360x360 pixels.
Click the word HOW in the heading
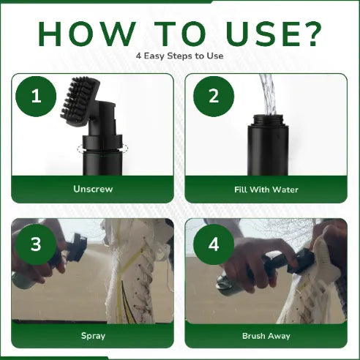point(87,34)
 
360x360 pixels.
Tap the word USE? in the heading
point(274,34)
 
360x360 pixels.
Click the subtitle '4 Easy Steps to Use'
point(180,56)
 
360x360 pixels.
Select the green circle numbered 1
point(36,97)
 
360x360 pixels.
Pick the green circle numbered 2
point(214,97)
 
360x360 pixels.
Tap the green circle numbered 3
point(36,244)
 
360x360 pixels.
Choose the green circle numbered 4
point(214,244)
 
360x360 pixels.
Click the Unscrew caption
point(93,189)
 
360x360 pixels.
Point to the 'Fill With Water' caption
point(266,190)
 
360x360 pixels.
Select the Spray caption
point(93,336)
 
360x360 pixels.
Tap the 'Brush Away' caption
point(266,336)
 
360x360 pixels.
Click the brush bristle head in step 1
point(80,101)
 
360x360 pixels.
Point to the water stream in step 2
point(268,94)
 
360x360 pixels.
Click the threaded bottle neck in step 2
point(268,120)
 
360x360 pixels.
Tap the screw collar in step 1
point(102,143)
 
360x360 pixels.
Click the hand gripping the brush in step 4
point(254,263)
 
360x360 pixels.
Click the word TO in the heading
point(181,34)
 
